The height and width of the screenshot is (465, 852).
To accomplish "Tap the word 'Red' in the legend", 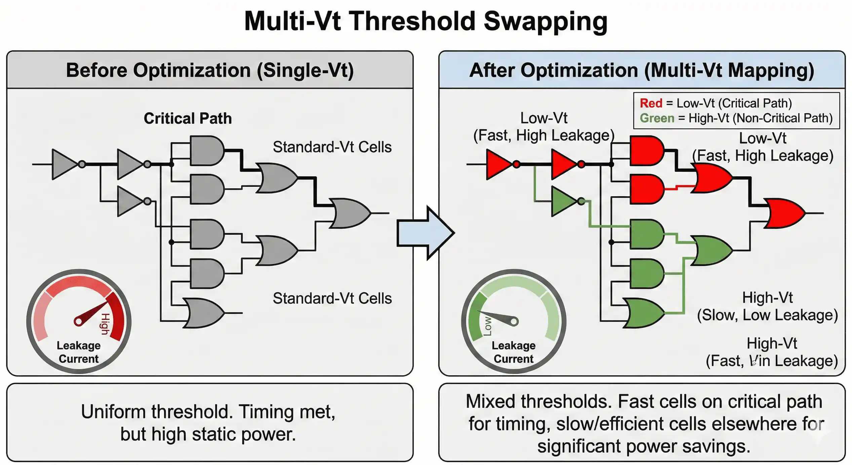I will (x=651, y=103).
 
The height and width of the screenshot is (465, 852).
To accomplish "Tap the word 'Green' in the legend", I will (x=657, y=118).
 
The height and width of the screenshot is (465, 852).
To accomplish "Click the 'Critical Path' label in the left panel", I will (x=188, y=118).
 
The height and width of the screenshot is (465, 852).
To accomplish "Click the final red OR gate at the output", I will (x=785, y=213).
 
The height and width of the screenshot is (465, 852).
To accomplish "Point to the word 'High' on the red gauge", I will (x=105, y=324).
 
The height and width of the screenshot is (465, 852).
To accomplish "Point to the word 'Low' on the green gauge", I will (x=488, y=326).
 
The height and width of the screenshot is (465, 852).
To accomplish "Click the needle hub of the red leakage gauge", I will (x=78, y=322).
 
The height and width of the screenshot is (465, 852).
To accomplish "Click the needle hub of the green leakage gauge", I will (x=514, y=322).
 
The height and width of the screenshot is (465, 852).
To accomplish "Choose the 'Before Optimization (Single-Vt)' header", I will (x=210, y=70).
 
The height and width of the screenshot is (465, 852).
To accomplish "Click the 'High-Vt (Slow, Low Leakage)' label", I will (x=767, y=307).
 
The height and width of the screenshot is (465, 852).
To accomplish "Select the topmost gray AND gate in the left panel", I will (x=206, y=151).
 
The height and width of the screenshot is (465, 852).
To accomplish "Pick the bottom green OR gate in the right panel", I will (x=643, y=313).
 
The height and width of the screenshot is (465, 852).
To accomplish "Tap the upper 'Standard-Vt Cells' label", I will (x=332, y=147).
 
